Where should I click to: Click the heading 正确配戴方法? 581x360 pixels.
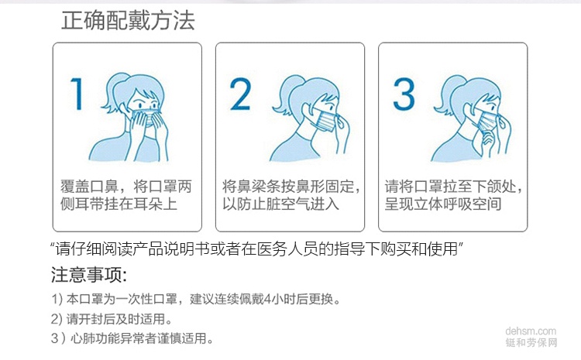[x=128, y=21]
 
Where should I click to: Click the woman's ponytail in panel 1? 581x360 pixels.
[x=113, y=85]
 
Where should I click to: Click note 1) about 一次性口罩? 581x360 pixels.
[x=194, y=299]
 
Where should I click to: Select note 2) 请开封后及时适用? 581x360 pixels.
[x=112, y=318]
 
